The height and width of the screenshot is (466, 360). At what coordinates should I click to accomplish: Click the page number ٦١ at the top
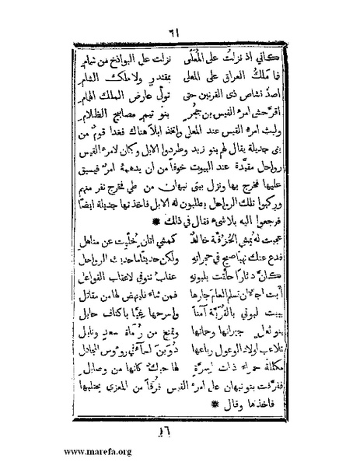pyautogui.click(x=180, y=28)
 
